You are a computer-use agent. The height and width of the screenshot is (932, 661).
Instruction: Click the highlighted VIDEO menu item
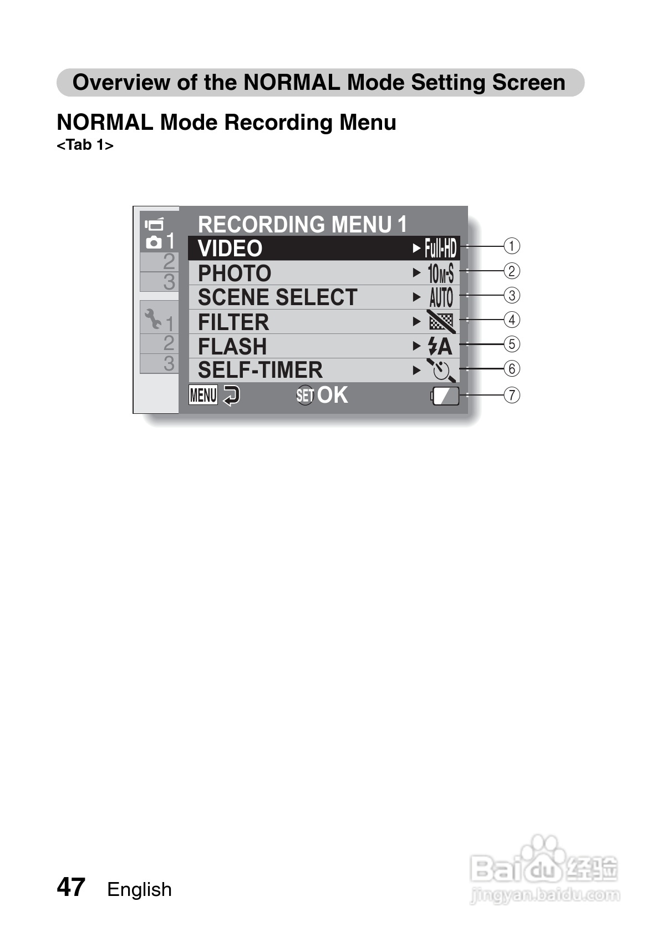(230, 249)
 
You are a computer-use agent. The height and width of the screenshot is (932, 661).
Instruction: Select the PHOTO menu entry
(235, 273)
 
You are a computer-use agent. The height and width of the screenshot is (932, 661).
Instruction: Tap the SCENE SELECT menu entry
(277, 297)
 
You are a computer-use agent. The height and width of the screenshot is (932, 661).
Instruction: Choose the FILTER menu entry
(233, 322)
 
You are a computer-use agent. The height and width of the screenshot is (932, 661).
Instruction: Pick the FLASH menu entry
(232, 346)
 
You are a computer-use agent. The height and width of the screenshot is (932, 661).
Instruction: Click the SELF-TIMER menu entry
(260, 370)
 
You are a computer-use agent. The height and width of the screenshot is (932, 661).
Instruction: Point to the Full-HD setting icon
(441, 249)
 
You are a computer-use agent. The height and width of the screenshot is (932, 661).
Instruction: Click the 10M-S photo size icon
(441, 273)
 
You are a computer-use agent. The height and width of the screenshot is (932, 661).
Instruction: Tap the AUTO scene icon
(441, 297)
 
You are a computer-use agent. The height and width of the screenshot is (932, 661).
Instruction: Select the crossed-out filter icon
(441, 322)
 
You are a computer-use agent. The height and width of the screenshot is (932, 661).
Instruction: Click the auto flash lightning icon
(440, 347)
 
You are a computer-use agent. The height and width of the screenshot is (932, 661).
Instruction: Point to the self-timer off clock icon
(441, 370)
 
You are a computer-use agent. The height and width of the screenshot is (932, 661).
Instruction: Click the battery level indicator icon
(446, 396)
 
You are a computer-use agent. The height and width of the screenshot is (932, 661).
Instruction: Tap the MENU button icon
(203, 395)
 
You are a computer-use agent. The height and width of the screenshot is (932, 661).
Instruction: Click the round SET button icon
(305, 395)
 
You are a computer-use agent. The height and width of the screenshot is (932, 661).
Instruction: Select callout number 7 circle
(511, 395)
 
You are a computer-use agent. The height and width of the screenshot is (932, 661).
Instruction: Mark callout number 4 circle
(511, 320)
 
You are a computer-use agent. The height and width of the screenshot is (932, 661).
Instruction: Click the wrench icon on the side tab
(152, 318)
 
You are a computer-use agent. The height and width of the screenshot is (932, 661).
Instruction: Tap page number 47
(71, 887)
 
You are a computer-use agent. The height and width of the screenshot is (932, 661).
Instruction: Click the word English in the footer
(139, 889)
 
